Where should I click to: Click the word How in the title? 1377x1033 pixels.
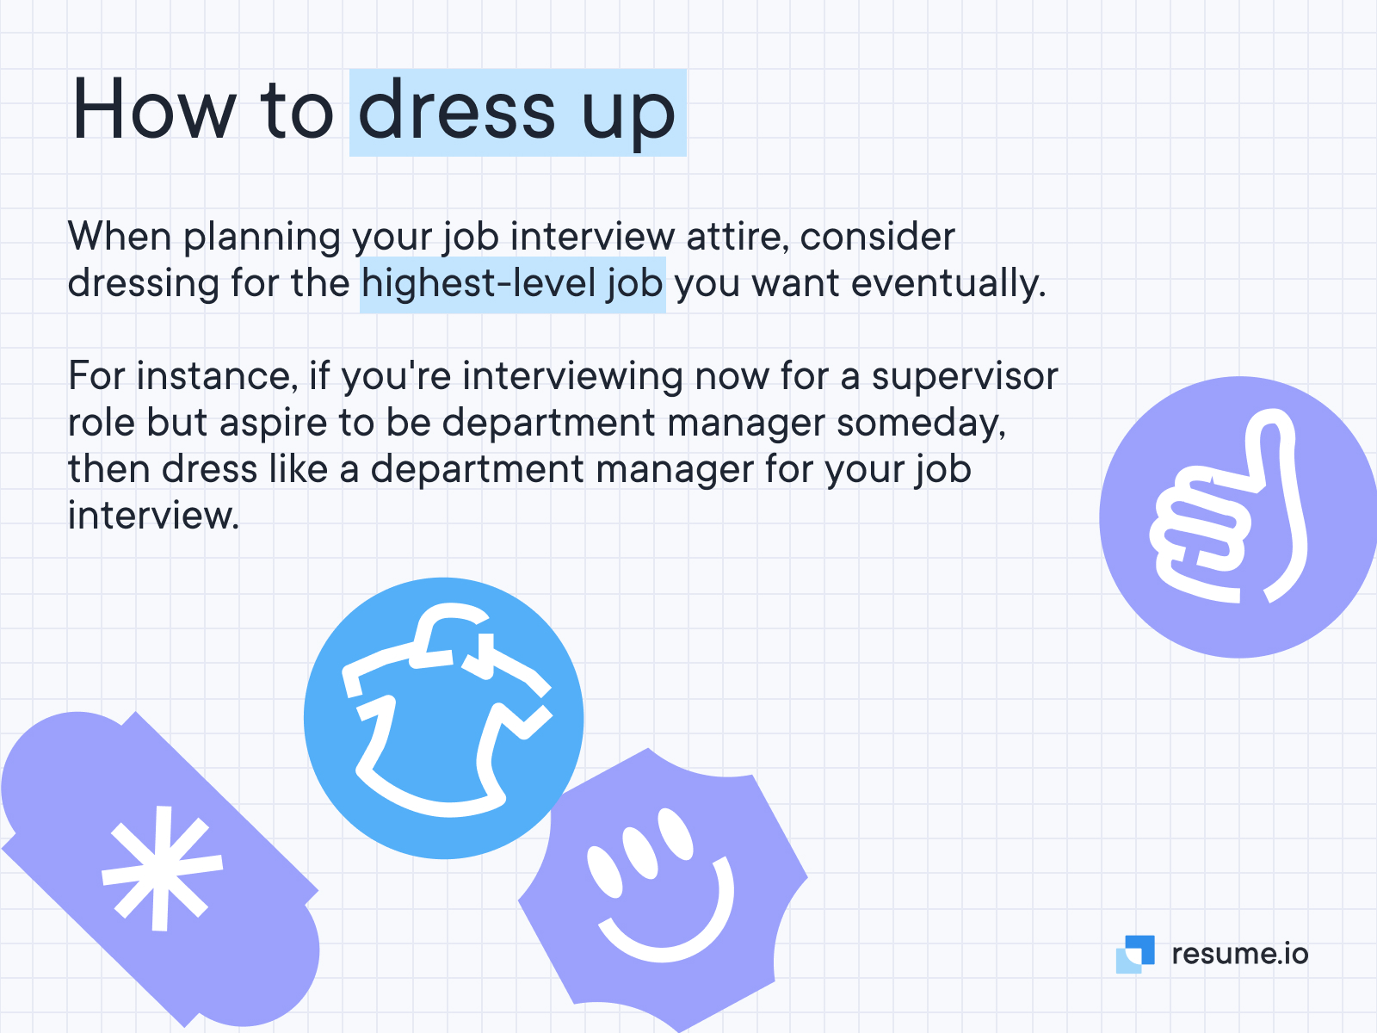pos(153,110)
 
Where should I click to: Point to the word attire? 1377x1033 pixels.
pos(737,237)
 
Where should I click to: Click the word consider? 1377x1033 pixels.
pos(877,237)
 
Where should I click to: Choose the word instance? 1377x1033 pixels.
pos(216,376)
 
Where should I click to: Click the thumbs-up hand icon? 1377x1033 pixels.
pos(1229,516)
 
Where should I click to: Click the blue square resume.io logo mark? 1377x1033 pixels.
pos(1136,954)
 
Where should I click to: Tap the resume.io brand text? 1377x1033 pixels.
pos(1239,954)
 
